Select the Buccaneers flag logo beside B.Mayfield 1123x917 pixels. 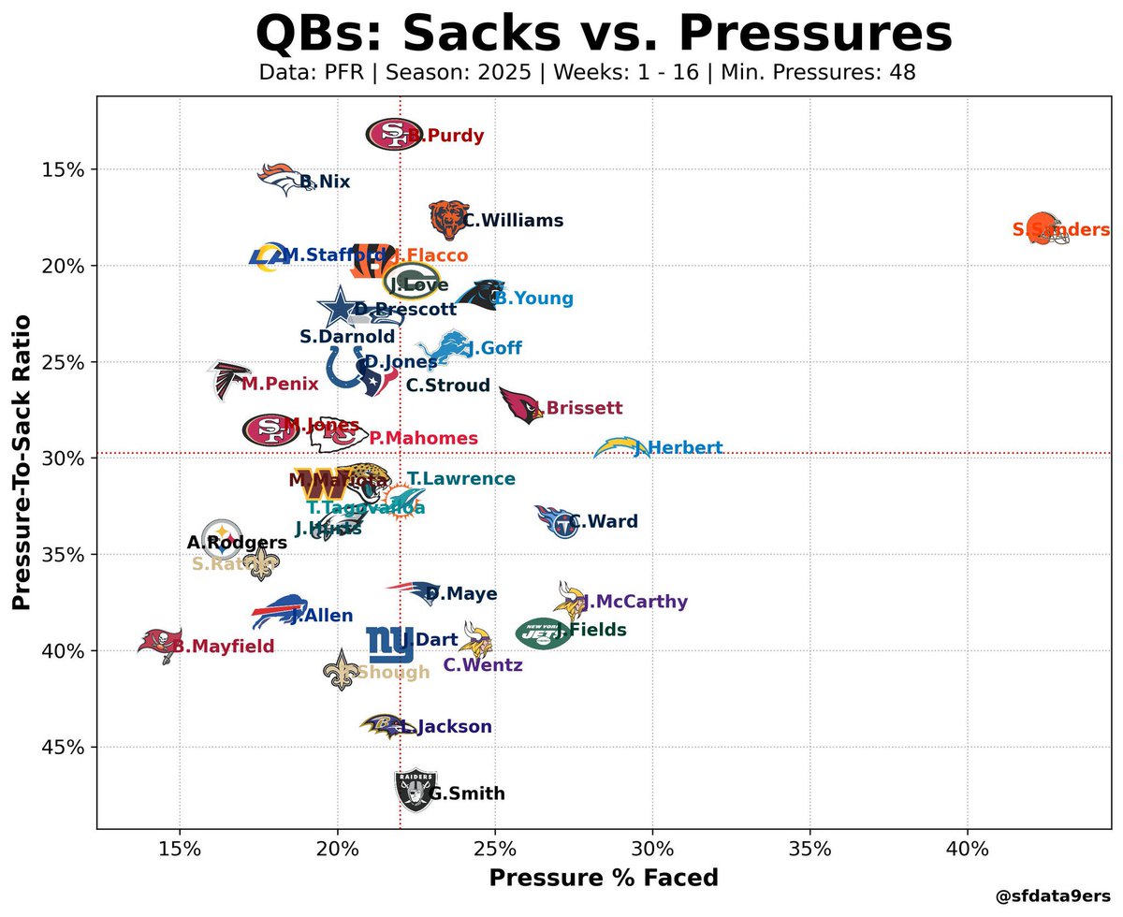tap(158, 644)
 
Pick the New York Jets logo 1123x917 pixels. tap(543, 633)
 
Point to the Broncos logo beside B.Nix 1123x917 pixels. tap(286, 178)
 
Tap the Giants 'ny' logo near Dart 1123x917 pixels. tap(389, 644)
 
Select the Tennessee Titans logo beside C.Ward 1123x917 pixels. tap(558, 521)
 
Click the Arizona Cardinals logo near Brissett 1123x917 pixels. tap(520, 404)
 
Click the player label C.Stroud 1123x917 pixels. tap(447, 386)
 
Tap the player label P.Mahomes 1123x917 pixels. tap(423, 438)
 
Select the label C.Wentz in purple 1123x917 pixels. tap(482, 664)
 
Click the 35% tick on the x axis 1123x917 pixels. tap(809, 848)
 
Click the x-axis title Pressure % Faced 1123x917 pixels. tap(604, 878)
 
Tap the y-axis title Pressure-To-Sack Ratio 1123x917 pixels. tap(22, 463)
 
